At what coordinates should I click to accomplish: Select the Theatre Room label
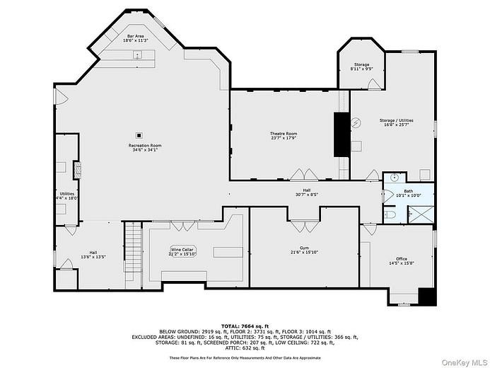click(283, 136)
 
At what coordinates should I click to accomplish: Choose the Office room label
click(402, 260)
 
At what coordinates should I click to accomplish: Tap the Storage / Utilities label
click(396, 122)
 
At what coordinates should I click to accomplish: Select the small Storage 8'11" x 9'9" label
click(361, 67)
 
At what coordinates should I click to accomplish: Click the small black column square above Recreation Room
click(139, 134)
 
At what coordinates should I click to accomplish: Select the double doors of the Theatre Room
click(303, 174)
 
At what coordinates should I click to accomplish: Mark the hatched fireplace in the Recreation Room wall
click(77, 168)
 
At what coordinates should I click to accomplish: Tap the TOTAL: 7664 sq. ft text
click(243, 324)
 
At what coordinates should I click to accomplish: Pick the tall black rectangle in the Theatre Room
click(341, 133)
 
